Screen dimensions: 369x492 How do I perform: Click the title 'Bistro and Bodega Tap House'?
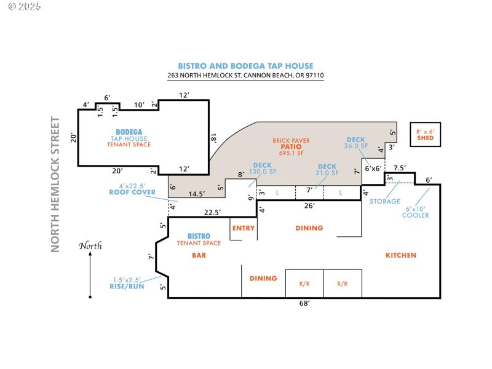(245, 66)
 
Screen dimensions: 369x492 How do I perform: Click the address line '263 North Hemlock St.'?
(245, 76)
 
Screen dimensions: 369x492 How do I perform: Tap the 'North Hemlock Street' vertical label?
(55, 184)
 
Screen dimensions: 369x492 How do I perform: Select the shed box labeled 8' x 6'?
(425, 135)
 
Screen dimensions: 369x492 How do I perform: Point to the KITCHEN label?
(400, 255)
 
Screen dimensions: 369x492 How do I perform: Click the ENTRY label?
(243, 228)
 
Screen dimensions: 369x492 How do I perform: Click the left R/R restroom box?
(304, 284)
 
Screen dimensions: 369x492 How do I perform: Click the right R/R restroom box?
(343, 284)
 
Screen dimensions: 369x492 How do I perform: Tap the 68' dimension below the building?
(304, 303)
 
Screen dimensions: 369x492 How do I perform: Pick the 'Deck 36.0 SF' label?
(356, 143)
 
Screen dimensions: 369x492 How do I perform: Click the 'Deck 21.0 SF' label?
(327, 170)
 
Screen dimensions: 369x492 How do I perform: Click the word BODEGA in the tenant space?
(129, 132)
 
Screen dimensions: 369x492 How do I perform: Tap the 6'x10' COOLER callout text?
(415, 212)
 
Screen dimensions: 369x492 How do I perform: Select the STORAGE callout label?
(384, 201)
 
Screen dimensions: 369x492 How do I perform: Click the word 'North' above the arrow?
(90, 246)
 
